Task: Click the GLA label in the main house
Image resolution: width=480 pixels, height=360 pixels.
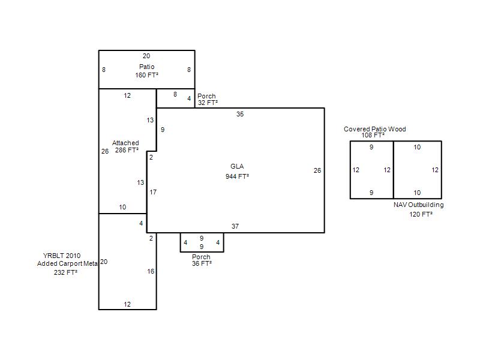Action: [237, 166]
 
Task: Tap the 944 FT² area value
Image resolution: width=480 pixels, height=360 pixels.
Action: [237, 176]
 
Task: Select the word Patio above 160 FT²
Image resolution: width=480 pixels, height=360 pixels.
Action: [146, 67]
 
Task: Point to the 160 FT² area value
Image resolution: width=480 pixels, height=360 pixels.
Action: [146, 75]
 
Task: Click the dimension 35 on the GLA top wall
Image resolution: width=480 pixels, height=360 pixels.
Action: [239, 114]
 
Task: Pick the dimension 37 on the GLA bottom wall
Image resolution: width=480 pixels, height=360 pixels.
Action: [235, 226]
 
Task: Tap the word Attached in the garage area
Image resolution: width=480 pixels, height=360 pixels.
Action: [125, 143]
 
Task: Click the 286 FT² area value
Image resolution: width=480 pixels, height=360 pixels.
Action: [127, 150]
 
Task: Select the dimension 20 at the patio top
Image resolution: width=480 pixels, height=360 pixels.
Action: [146, 56]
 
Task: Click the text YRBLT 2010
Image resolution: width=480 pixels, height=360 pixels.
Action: [62, 256]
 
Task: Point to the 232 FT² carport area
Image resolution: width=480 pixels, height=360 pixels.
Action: [65, 272]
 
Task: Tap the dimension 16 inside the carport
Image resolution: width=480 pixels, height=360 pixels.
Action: [151, 271]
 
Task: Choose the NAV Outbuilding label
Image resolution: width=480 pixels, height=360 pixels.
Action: [418, 205]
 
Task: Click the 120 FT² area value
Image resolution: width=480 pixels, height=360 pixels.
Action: [421, 214]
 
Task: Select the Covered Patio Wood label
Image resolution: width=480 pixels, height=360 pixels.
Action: [374, 129]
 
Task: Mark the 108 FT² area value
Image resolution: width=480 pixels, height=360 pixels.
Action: [373, 136]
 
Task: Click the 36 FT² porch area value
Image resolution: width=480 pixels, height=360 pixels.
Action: [202, 263]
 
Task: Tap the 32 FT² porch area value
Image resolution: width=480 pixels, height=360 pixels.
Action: [208, 103]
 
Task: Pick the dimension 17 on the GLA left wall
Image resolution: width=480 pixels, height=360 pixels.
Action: [153, 192]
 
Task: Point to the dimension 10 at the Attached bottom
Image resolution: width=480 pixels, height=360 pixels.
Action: [122, 207]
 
